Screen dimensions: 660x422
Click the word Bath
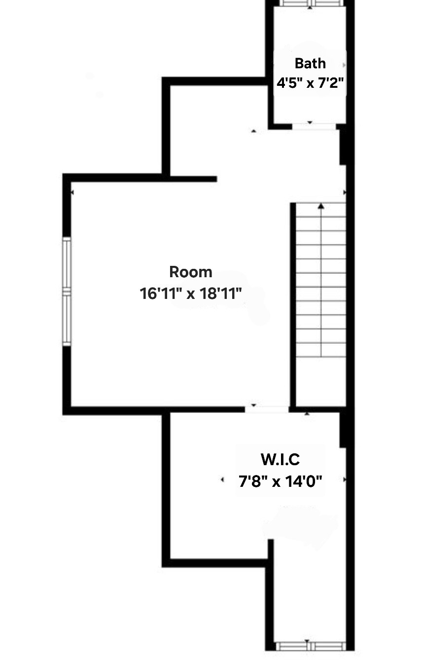pos(310,63)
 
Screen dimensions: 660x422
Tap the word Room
pos(191,272)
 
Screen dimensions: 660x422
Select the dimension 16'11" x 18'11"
pos(191,294)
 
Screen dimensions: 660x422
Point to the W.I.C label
pos(280,460)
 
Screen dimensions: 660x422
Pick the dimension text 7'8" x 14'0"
pos(281,480)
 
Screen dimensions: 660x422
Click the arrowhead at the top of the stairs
pos(321,206)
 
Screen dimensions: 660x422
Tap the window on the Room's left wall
pos(67,291)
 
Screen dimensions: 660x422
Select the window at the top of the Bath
pos(310,3)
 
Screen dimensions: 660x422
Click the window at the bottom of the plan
pos(310,646)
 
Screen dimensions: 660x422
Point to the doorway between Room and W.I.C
pos(267,409)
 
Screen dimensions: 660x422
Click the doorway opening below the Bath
pos(314,127)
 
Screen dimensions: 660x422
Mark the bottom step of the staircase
pos(321,350)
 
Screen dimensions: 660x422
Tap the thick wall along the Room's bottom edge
pos(153,410)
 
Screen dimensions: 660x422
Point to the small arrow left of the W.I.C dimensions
pos(222,479)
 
